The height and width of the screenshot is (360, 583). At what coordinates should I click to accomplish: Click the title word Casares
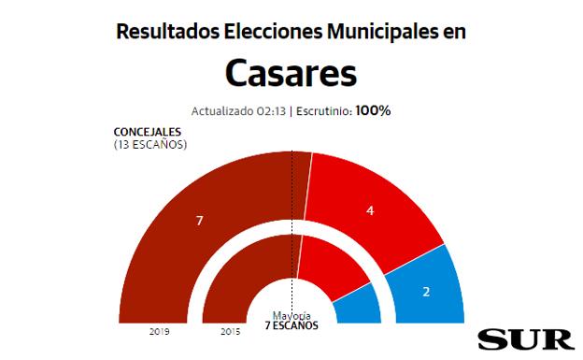(x=291, y=74)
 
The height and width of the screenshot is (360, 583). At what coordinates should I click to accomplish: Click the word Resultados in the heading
(x=167, y=31)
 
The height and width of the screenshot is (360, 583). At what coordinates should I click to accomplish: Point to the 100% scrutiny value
(x=373, y=110)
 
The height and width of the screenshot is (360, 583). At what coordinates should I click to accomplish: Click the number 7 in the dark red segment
(x=198, y=221)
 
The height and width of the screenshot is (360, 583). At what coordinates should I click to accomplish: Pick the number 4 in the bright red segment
(x=370, y=211)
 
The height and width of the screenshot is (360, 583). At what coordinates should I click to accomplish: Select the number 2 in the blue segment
(x=426, y=292)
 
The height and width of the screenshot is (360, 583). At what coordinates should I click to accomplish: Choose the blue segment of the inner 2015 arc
(x=359, y=305)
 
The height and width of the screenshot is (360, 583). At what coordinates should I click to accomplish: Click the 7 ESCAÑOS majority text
(x=291, y=326)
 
